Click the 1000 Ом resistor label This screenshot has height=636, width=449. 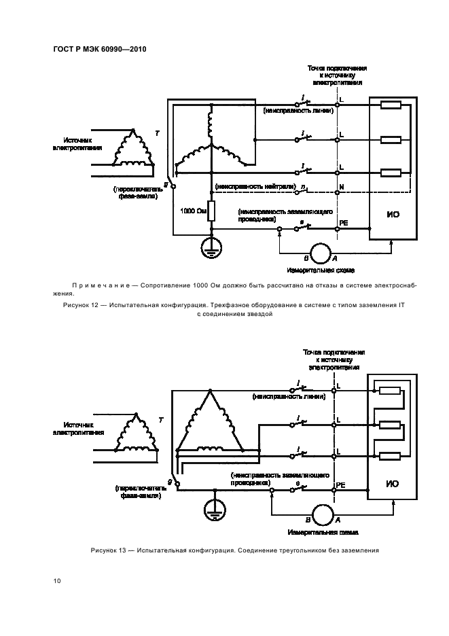click(x=193, y=211)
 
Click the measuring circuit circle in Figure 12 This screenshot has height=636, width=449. click(x=318, y=252)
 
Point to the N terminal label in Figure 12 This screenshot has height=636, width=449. click(x=342, y=186)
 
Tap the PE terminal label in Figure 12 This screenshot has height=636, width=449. click(x=343, y=222)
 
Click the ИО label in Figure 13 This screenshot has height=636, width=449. click(x=391, y=484)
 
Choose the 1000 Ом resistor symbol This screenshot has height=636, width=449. click(x=211, y=211)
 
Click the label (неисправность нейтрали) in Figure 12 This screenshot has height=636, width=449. click(x=255, y=185)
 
